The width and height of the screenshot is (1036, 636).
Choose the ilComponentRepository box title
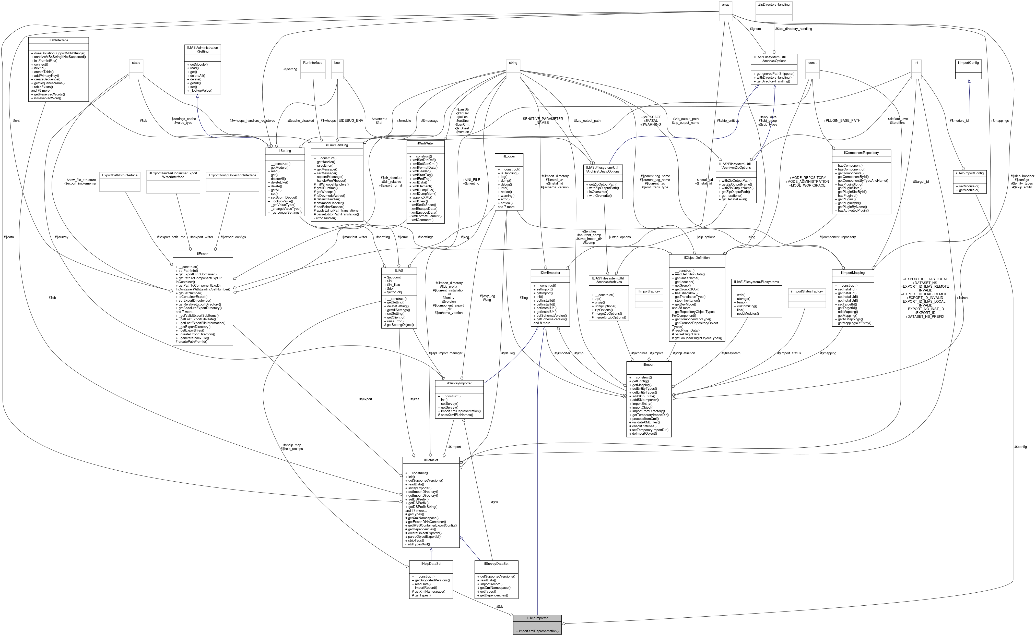[861, 152]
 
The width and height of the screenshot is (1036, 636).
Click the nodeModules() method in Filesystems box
[747, 313]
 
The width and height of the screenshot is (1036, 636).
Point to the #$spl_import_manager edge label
[445, 353]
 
